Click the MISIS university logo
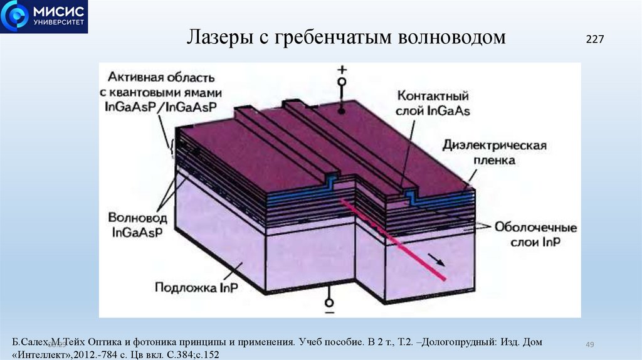(44, 16)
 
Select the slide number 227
(594, 39)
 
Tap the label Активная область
(161, 78)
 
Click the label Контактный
(433, 97)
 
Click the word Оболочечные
(536, 228)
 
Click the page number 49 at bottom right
(589, 344)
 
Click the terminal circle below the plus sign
(342, 82)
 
